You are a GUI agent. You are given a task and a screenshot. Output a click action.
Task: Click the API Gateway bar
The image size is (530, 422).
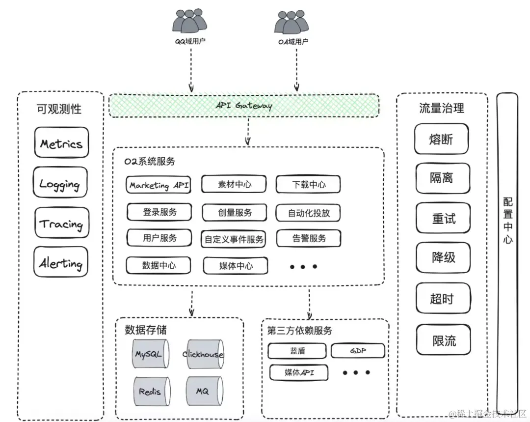point(244,106)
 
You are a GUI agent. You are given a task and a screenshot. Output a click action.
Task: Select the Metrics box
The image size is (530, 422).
point(61,143)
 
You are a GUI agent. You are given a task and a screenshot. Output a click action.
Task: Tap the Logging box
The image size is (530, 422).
point(60,183)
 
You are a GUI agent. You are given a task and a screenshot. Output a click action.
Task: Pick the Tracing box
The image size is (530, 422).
point(62,224)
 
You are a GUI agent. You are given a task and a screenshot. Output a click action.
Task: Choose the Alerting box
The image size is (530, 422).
point(61,263)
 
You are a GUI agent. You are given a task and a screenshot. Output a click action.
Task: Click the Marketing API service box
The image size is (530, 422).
point(158,185)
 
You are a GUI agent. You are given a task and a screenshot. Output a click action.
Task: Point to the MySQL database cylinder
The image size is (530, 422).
point(148,353)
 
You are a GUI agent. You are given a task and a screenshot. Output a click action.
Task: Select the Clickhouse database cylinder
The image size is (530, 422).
point(203,354)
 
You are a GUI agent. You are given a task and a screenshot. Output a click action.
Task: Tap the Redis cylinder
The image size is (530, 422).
point(150,391)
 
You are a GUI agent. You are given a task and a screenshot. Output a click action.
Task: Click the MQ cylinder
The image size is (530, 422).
point(203,391)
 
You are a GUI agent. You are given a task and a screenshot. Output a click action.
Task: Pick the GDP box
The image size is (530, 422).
point(358,351)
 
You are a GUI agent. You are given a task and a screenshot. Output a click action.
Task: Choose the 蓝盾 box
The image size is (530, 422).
point(297,351)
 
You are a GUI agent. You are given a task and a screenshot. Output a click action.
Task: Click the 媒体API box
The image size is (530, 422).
point(299,372)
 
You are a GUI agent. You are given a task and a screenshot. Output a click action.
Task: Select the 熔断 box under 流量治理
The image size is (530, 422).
point(441,139)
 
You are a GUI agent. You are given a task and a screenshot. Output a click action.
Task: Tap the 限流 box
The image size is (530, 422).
point(444,340)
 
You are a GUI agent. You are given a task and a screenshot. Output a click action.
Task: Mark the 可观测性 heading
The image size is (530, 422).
point(59,109)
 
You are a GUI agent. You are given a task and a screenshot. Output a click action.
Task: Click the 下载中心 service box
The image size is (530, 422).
point(308,185)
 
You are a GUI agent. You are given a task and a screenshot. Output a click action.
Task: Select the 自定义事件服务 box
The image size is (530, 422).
point(234,239)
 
